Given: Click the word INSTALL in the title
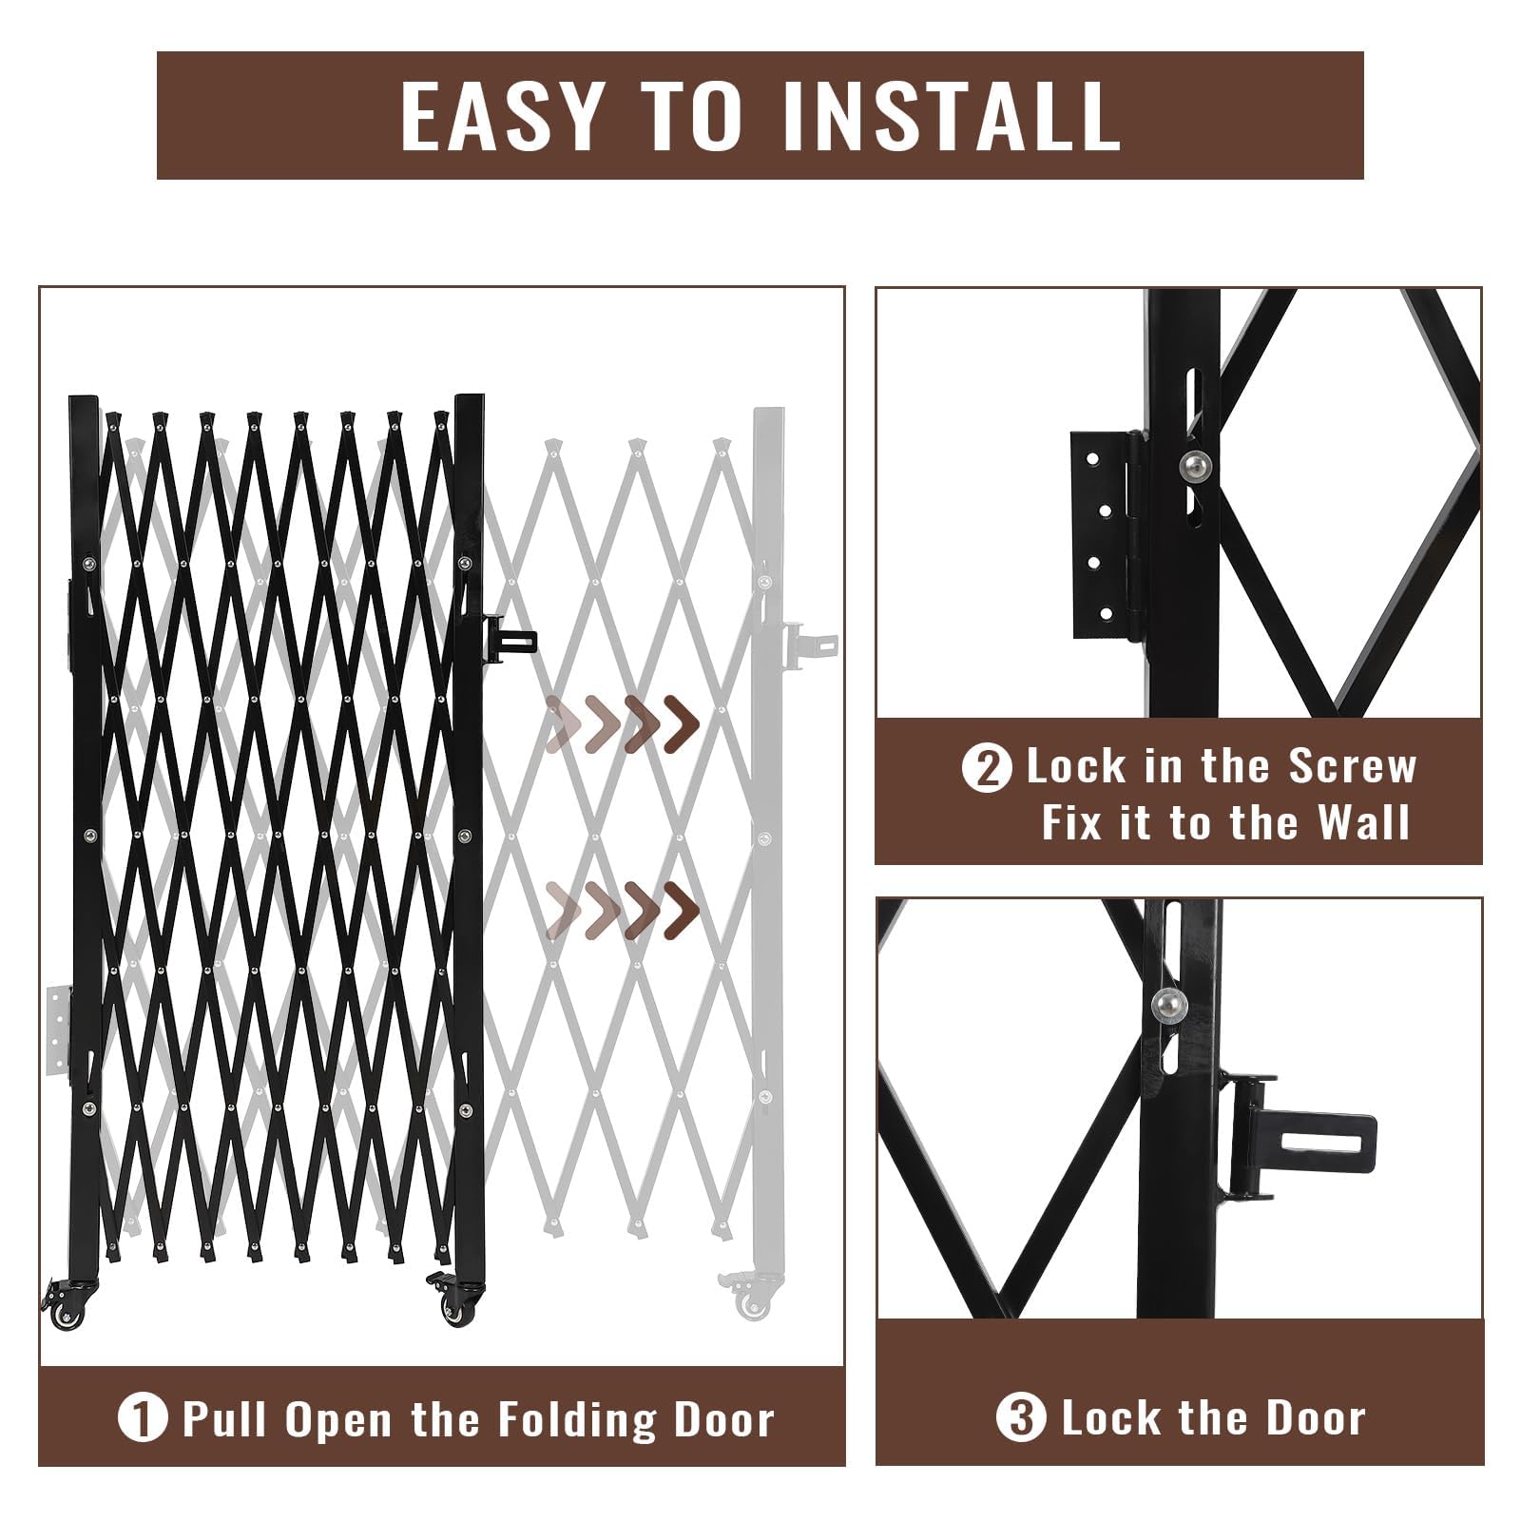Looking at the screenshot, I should pyautogui.click(x=951, y=115).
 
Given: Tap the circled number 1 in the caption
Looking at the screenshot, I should pyautogui.click(x=142, y=1419).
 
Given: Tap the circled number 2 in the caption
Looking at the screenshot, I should pyautogui.click(x=987, y=769).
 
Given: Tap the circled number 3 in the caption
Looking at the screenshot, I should pyautogui.click(x=1021, y=1419).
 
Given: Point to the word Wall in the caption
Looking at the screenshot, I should pyautogui.click(x=1362, y=822).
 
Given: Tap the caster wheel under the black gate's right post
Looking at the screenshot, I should pyautogui.click(x=452, y=1309).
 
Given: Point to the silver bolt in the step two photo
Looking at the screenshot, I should pyautogui.click(x=1195, y=466).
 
